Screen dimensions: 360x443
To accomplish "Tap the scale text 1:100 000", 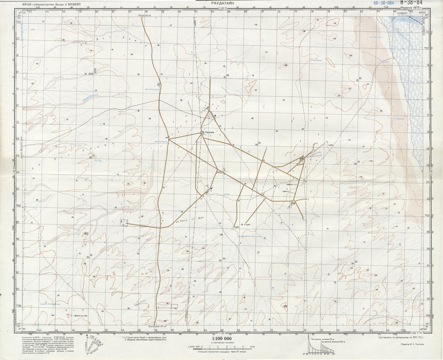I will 221,338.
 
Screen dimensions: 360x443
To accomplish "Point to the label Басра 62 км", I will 145,16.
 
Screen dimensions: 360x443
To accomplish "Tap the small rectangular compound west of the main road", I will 124,222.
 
